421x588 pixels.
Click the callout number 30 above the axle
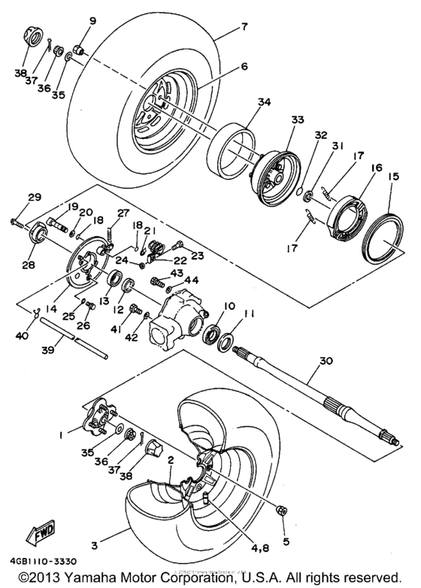(326, 360)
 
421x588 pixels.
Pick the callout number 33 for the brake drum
(297, 120)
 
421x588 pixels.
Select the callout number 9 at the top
(93, 20)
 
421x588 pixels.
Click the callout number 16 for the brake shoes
(376, 168)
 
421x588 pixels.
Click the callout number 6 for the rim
(223, 66)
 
